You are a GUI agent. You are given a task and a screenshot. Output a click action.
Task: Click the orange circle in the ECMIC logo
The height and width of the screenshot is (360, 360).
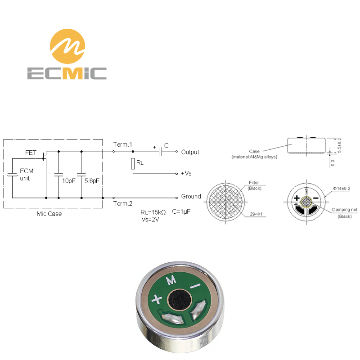point(67,46)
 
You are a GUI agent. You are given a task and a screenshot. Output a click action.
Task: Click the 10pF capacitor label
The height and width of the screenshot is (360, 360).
point(69,181)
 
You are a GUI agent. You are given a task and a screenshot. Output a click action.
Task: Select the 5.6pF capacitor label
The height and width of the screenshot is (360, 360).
point(92,181)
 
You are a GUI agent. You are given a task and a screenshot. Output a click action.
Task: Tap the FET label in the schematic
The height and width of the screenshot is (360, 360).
point(31,153)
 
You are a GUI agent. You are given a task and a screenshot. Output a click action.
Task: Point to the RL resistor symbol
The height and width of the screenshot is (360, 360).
point(133,164)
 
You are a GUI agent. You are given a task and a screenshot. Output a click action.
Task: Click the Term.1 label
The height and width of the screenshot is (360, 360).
point(122,144)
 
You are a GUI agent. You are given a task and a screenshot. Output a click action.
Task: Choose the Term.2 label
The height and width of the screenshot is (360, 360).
point(122,203)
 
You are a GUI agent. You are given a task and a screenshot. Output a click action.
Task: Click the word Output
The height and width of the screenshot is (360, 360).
point(190,152)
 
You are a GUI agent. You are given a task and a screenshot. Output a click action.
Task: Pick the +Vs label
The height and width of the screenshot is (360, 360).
point(186,173)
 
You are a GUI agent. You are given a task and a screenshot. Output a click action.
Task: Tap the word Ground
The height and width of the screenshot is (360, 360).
point(191,196)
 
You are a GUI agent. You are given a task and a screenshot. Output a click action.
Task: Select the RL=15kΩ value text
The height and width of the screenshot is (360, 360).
point(153,212)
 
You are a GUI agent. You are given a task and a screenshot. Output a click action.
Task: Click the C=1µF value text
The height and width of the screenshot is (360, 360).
point(181,211)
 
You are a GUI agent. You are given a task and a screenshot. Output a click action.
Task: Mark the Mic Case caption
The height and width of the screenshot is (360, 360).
point(49,214)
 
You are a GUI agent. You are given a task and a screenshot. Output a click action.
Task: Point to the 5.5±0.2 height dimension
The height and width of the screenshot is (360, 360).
point(340,145)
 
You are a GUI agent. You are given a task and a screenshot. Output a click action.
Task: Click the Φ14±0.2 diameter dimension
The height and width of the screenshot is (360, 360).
point(342,189)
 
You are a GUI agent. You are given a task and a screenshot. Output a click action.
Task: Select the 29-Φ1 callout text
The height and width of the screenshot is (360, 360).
point(256,214)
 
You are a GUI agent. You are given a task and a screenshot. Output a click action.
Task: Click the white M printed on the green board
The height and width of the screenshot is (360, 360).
point(171,280)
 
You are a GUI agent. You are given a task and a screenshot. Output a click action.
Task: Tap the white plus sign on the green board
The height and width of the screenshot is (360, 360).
point(157,299)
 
